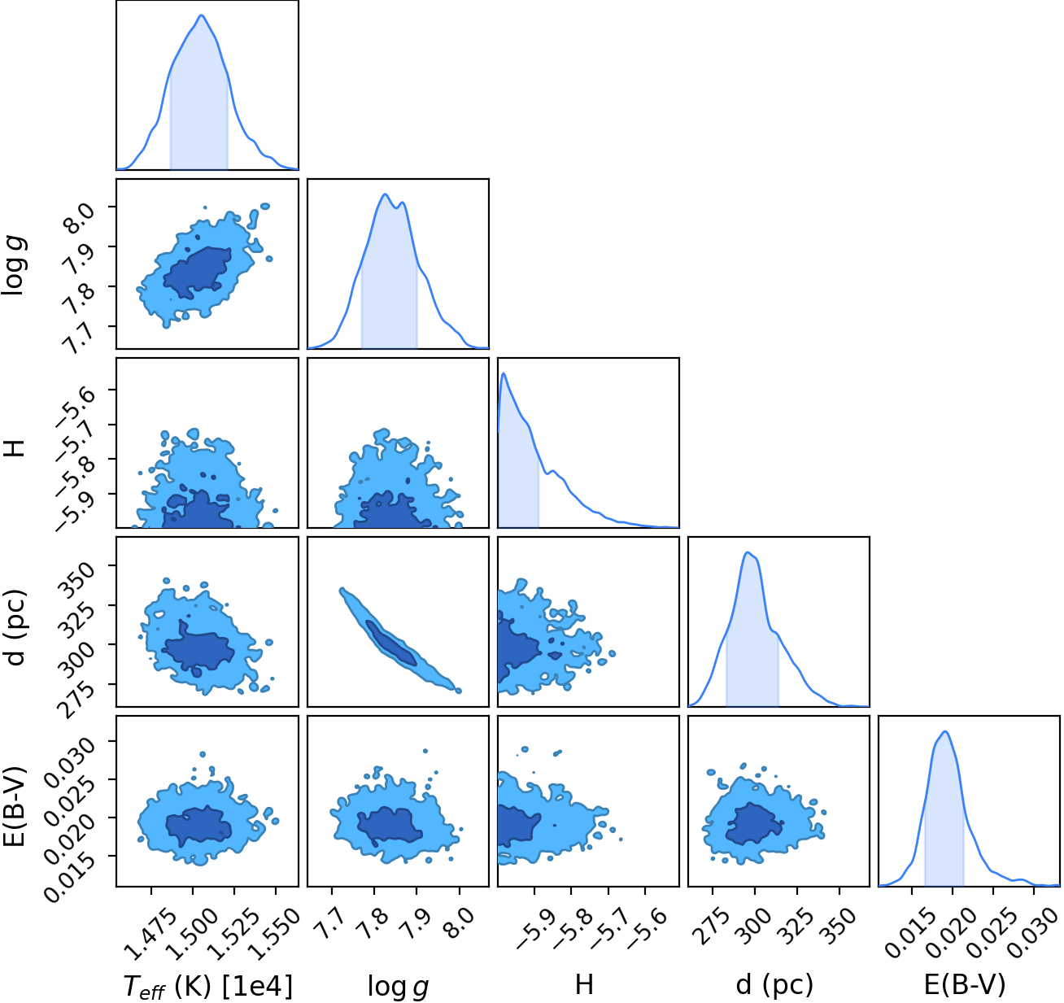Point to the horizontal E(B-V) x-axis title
point(965,985)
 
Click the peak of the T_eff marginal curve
point(201,15)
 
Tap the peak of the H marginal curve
point(504,373)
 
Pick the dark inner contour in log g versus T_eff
point(197,273)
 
